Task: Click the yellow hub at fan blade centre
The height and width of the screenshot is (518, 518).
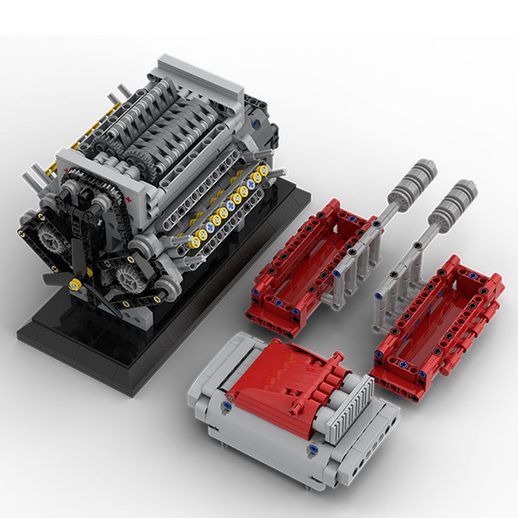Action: pos(76,284)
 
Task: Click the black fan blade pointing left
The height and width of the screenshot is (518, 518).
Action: pos(55,278)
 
